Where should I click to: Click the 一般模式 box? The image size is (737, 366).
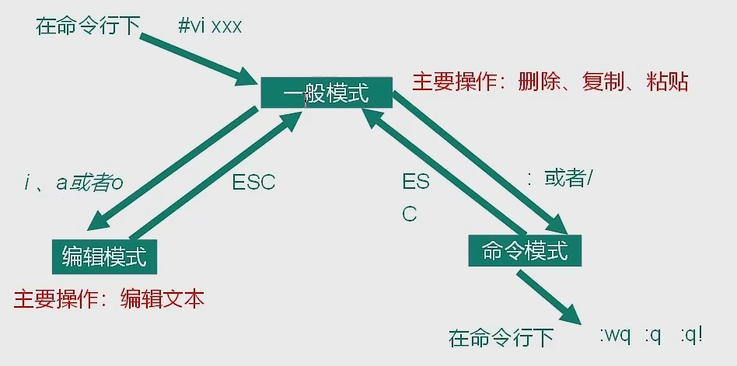point(325,95)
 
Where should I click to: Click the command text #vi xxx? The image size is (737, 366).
point(210,26)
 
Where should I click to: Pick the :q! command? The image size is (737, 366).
point(690,336)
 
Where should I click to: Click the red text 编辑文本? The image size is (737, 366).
point(162,299)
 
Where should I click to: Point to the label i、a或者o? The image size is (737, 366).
point(74,183)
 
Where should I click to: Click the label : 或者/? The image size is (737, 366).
point(560,179)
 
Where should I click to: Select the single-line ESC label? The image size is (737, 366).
point(253,183)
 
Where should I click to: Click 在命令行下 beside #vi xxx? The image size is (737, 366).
point(87,26)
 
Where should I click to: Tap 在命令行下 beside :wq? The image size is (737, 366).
point(501,338)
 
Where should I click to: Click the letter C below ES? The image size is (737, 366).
point(410,214)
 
